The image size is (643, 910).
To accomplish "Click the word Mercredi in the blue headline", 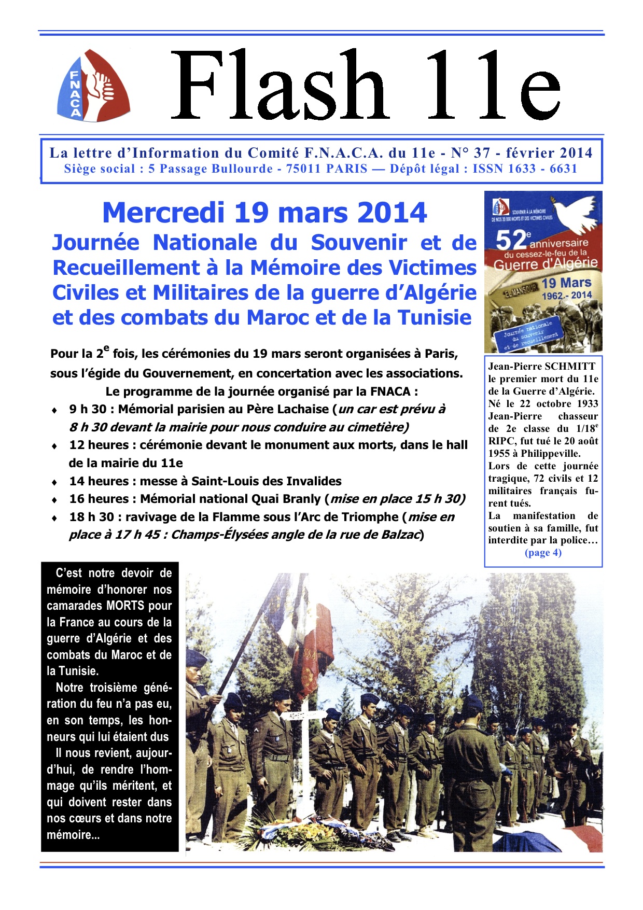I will (163, 213).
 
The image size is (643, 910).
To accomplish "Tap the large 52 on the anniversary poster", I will (511, 241).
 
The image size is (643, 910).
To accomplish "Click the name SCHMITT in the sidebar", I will (570, 367).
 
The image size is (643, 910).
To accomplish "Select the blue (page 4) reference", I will (543, 553).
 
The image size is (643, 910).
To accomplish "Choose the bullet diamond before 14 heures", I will (54, 482).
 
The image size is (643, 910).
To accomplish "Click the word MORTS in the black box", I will (126, 606).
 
